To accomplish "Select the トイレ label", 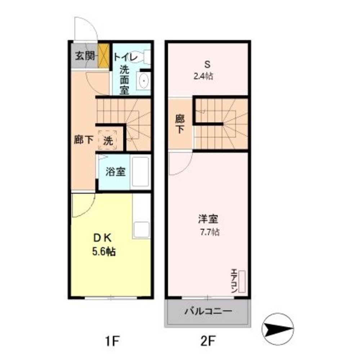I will pyautogui.click(x=125, y=57).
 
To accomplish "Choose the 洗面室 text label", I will pyautogui.click(x=124, y=79).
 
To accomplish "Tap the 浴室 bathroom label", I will pyautogui.click(x=115, y=172).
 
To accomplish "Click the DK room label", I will pyautogui.click(x=103, y=238).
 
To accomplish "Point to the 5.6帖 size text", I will pyautogui.click(x=104, y=252).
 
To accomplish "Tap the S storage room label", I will pyautogui.click(x=207, y=65).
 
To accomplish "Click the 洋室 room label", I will pyautogui.click(x=208, y=219).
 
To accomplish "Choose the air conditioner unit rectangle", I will pyautogui.click(x=242, y=281).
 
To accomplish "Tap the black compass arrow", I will pyautogui.click(x=278, y=328).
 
